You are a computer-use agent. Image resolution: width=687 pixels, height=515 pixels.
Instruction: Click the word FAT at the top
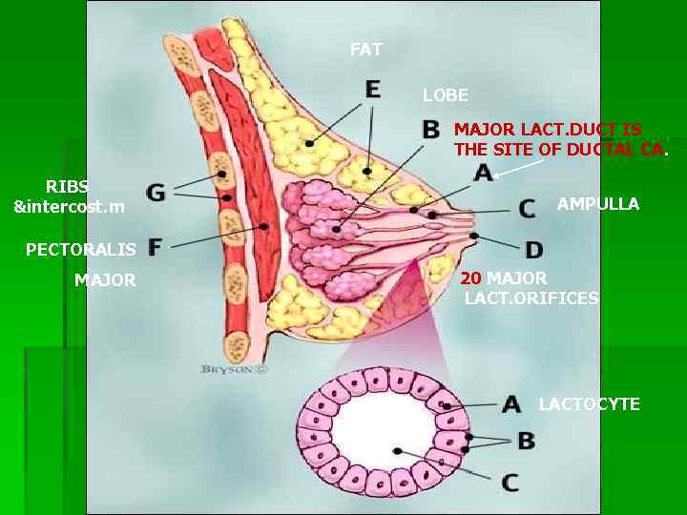[365, 49]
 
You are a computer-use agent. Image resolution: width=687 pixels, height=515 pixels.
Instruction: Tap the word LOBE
[446, 95]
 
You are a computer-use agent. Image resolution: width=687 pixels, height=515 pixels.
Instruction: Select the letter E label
[372, 89]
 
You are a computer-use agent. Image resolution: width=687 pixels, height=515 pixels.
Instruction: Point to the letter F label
[155, 247]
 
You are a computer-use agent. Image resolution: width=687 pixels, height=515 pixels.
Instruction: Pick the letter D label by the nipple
[533, 250]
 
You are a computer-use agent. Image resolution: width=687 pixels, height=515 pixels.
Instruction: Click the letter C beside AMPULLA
[527, 208]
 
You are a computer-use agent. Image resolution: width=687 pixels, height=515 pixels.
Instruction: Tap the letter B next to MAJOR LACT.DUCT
[431, 129]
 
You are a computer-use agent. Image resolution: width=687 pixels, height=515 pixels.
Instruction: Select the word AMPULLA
[598, 204]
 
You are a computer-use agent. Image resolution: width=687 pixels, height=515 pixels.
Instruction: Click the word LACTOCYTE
[589, 404]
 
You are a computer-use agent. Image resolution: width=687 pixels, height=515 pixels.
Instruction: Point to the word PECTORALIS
[81, 250]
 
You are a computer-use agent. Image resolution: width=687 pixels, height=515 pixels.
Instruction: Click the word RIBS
[67, 186]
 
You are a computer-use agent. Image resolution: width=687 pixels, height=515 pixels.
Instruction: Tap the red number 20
[471, 278]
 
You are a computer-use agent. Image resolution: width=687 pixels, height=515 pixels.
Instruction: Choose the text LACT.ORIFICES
[531, 299]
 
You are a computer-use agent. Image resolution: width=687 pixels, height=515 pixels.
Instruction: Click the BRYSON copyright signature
[234, 368]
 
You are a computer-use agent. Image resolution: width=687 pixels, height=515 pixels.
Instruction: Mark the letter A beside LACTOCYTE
[511, 404]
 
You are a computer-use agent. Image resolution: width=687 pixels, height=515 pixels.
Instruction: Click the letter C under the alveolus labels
[510, 482]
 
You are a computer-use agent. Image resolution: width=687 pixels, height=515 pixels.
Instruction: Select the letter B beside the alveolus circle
[526, 442]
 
